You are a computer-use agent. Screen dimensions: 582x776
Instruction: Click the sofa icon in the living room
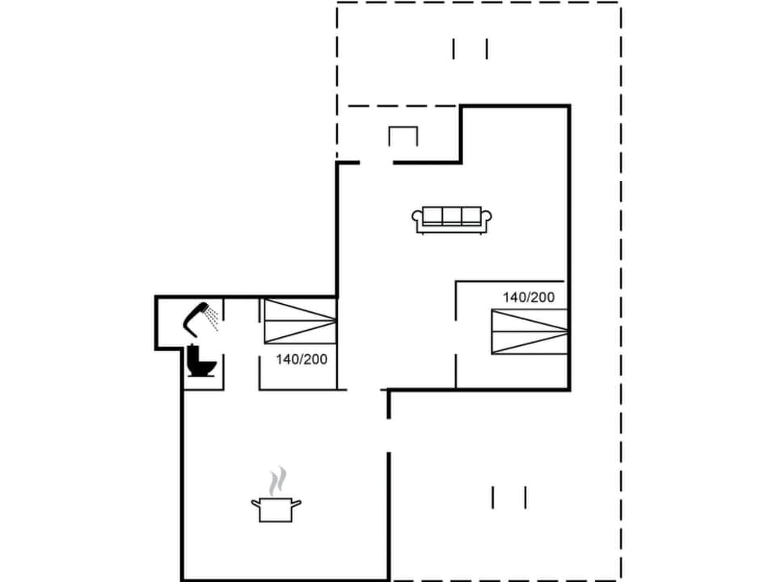[x=452, y=219]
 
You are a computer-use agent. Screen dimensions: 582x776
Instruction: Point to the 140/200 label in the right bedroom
[x=529, y=297]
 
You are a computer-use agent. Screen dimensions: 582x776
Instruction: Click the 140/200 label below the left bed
[x=302, y=360]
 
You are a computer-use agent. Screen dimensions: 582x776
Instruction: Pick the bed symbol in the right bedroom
[x=529, y=331]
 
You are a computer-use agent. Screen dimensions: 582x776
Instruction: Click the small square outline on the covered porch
[x=403, y=137]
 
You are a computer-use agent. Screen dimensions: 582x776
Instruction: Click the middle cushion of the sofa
[x=452, y=216]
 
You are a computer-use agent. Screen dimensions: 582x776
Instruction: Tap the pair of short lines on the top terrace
[x=470, y=49]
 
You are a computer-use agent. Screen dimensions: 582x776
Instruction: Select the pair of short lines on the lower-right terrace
[x=508, y=497]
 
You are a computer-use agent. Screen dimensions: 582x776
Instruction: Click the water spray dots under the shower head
[x=212, y=320]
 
